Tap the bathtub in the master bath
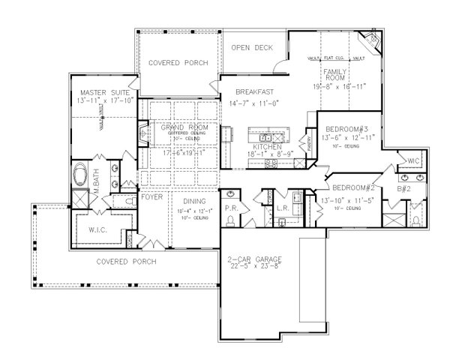click(x=84, y=177)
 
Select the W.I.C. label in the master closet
click(x=103, y=230)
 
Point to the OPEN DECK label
click(x=250, y=47)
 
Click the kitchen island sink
click(x=266, y=138)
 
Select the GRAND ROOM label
click(x=184, y=128)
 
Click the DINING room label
click(x=195, y=201)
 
